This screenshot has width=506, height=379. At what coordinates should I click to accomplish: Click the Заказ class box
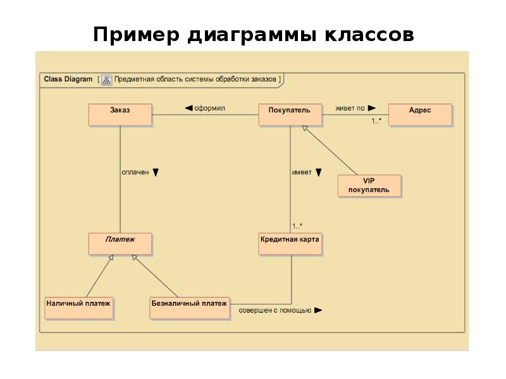point(120,115)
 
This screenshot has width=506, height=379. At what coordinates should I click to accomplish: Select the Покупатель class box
point(290,115)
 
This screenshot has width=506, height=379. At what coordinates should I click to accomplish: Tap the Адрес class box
point(420,115)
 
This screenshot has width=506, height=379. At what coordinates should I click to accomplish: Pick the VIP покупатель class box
point(369,186)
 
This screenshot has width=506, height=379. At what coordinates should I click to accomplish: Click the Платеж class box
point(120,244)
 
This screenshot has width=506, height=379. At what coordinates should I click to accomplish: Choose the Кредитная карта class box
point(290,244)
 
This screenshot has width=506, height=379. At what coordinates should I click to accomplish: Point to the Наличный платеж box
point(78,308)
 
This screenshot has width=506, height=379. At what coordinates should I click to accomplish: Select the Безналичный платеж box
point(189,308)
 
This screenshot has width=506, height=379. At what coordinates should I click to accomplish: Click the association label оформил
point(209,108)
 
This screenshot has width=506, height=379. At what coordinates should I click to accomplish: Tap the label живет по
point(350,108)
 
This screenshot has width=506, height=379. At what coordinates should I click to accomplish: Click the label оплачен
point(135,172)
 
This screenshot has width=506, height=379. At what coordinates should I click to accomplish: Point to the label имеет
point(302,172)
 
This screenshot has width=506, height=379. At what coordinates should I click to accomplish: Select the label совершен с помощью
point(275,310)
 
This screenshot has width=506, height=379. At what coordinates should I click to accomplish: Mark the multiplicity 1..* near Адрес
point(376,121)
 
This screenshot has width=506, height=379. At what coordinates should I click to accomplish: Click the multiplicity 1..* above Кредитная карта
point(297,226)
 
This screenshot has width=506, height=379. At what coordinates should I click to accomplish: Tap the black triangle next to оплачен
point(156,172)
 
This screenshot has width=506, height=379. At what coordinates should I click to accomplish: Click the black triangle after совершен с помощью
point(318,310)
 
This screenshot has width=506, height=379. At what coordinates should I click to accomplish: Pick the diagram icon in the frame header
point(106,80)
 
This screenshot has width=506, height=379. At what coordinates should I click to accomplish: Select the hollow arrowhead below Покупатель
point(305,128)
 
